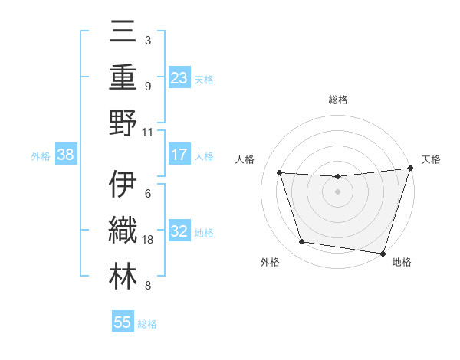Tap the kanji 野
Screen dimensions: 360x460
[x=123, y=122]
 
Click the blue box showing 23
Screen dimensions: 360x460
[x=179, y=77]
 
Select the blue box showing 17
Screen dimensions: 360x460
[x=179, y=155]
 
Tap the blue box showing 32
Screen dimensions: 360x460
[x=179, y=231]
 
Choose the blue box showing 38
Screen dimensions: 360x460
[x=66, y=155]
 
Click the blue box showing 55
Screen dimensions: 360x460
[x=123, y=322]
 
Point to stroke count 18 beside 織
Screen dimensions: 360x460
[x=149, y=240]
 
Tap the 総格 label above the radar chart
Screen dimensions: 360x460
[x=337, y=100]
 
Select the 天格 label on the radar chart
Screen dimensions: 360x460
[x=431, y=159]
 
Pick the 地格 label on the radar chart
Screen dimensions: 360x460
[x=402, y=262]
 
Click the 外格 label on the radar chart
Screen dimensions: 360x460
[x=270, y=262]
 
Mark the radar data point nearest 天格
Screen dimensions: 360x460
[x=410, y=169]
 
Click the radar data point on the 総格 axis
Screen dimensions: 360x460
[x=337, y=177]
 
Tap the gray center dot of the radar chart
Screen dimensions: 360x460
[x=337, y=191]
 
